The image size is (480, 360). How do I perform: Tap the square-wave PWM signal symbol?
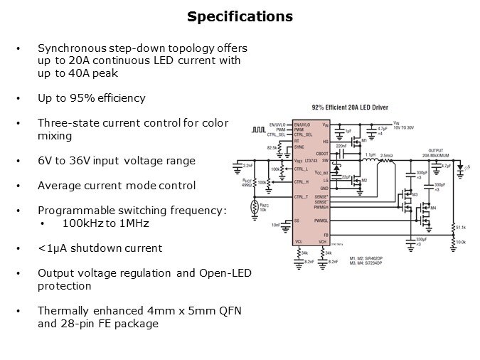coord(257,129)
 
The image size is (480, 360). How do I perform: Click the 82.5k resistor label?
coord(272,147)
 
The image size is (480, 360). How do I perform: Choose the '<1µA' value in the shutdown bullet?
coord(50,248)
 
